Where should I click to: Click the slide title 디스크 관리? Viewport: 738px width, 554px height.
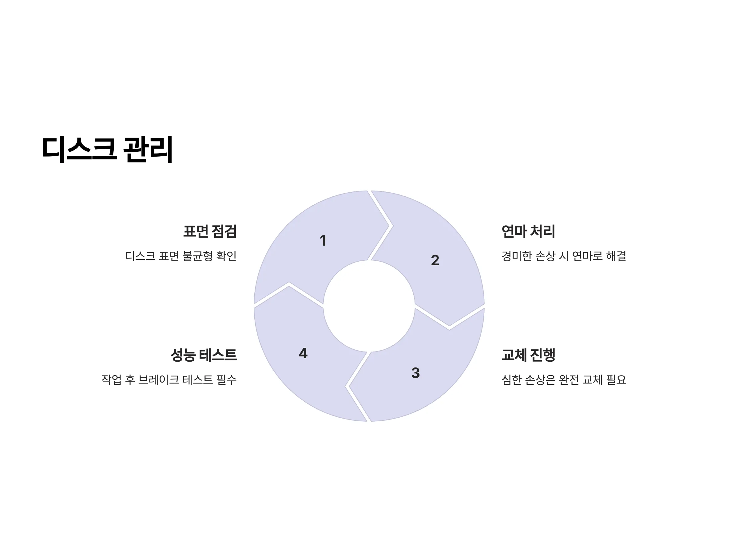[x=107, y=149]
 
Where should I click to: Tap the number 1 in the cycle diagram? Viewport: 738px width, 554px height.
[x=323, y=240]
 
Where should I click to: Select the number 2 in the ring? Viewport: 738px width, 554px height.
[x=435, y=260]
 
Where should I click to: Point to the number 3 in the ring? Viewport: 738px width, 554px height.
[x=415, y=373]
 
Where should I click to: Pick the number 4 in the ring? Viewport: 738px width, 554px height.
[x=303, y=353]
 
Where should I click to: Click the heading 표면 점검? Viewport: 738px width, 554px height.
[x=210, y=231]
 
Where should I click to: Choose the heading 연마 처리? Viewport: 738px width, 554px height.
[x=528, y=231]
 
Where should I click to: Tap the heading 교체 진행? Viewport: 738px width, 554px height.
[x=528, y=355]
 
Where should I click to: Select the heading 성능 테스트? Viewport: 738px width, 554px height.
[x=204, y=355]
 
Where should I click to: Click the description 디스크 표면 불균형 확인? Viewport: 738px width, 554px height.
[x=181, y=256]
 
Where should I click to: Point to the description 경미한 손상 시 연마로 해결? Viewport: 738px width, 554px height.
[x=564, y=256]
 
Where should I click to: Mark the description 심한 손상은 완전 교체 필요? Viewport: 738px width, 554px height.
[x=564, y=379]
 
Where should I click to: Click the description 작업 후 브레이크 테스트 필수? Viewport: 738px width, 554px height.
[x=169, y=379]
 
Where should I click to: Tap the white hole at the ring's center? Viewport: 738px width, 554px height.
[x=369, y=306]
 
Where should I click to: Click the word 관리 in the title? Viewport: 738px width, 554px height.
[x=148, y=149]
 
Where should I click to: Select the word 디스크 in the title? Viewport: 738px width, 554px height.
[x=79, y=149]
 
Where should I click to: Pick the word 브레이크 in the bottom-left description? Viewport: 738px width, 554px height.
[x=158, y=379]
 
